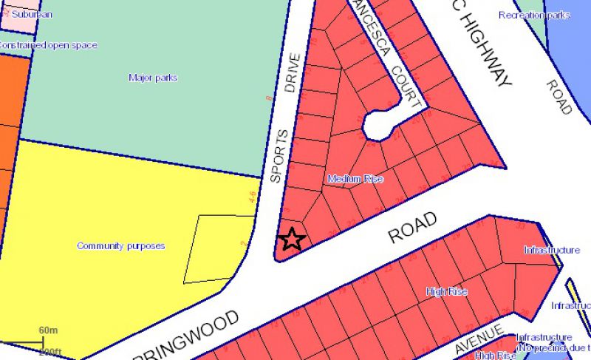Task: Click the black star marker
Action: [x=293, y=239]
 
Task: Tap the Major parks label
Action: [x=153, y=78]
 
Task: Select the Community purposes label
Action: [x=120, y=246]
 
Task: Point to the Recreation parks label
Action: [x=534, y=16]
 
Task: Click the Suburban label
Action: [x=28, y=14]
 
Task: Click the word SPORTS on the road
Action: [x=276, y=156]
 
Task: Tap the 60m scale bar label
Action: [x=49, y=329]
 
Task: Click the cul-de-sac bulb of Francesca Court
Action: [x=378, y=125]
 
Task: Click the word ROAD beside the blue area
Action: [x=558, y=96]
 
